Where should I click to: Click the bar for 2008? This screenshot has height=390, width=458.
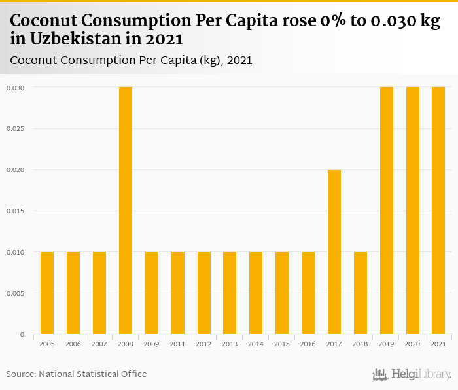click(126, 211)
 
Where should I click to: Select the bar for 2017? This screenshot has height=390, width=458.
click(334, 252)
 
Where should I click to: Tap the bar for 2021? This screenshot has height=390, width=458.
click(438, 211)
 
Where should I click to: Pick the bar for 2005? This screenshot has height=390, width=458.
click(47, 293)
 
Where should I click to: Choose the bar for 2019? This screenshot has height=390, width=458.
click(387, 211)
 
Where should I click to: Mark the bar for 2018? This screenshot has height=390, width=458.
click(361, 293)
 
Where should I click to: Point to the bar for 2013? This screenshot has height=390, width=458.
click(230, 293)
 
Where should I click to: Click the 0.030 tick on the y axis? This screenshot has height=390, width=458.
click(16, 88)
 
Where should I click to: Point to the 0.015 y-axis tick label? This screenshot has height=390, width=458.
click(16, 211)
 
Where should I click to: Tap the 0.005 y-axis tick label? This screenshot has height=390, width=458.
click(16, 294)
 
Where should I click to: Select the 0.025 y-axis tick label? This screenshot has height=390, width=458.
click(16, 129)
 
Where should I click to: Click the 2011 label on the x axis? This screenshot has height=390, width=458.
click(178, 344)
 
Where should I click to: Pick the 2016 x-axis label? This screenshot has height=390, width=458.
click(308, 344)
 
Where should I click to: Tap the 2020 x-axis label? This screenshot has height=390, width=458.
click(413, 344)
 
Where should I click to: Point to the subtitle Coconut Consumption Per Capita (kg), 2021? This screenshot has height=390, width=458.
click(132, 60)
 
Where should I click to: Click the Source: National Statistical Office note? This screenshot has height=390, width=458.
click(77, 374)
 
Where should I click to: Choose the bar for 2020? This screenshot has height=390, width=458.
click(413, 211)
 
